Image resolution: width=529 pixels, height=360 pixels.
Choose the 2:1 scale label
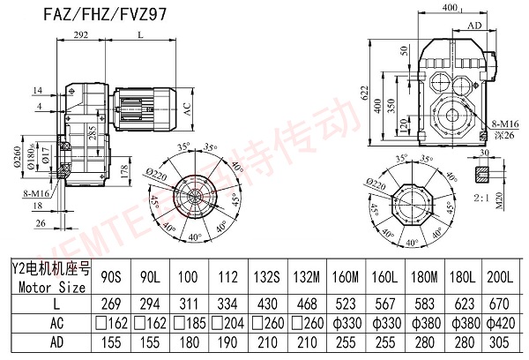click(483, 198)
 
